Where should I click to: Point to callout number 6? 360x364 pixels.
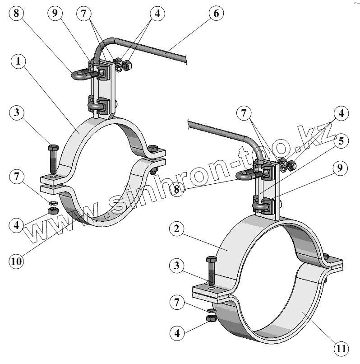click(216, 14)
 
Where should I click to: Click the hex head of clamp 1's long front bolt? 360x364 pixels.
click(52, 148)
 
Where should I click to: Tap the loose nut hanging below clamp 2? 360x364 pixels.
click(211, 319)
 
